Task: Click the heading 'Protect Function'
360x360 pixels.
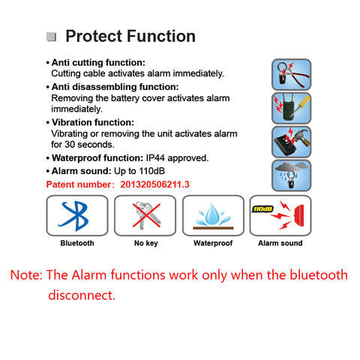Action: coord(130,36)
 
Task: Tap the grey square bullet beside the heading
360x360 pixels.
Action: coord(51,37)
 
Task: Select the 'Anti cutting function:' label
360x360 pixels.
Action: coord(98,62)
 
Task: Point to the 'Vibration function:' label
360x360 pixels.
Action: coord(92,122)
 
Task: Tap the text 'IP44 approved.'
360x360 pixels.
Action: coord(176,158)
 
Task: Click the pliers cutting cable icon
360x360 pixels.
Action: coord(291,73)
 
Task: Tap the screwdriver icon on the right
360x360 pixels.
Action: coord(291,107)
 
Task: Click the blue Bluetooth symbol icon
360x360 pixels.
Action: coord(77,215)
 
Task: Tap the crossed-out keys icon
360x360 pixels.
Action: coord(145,215)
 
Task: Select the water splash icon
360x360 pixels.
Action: coord(213,215)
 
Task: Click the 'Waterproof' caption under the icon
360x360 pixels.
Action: coord(213,244)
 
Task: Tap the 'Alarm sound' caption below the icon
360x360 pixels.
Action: coord(280,244)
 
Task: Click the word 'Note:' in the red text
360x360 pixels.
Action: coord(26,275)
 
